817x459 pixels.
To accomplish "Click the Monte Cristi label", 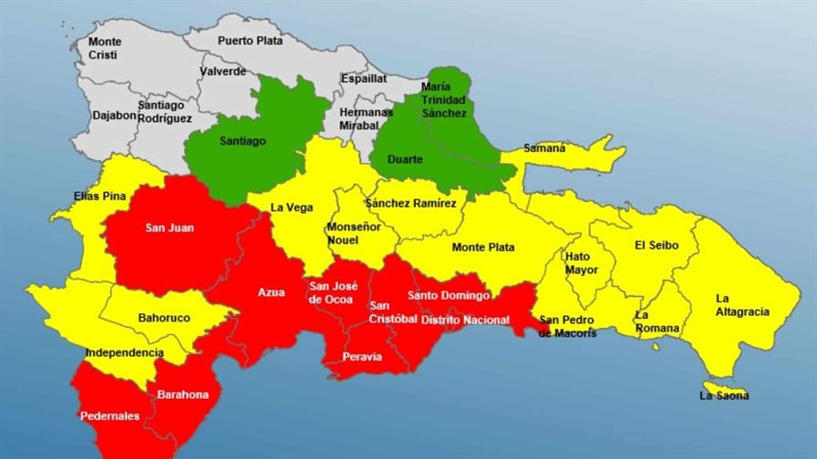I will click(x=105, y=48).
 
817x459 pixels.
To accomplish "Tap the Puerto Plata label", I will click(x=250, y=40).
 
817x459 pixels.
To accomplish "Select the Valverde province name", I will click(x=222, y=71).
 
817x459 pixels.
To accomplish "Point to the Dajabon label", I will click(x=114, y=116).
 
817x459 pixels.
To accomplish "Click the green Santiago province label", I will click(x=243, y=141).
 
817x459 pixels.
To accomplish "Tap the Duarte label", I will click(x=405, y=159).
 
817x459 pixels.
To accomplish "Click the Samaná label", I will click(x=544, y=148).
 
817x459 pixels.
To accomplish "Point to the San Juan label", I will click(x=169, y=228).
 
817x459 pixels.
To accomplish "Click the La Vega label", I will click(x=292, y=208).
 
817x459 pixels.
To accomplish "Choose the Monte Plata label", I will click(x=483, y=247).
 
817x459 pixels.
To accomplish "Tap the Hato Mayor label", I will click(x=581, y=263).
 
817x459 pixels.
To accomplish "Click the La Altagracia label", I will click(x=742, y=305).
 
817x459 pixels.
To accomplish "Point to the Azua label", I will click(x=271, y=292).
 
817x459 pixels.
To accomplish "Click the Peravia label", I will click(x=362, y=356).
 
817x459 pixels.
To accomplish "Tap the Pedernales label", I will click(x=109, y=415).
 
